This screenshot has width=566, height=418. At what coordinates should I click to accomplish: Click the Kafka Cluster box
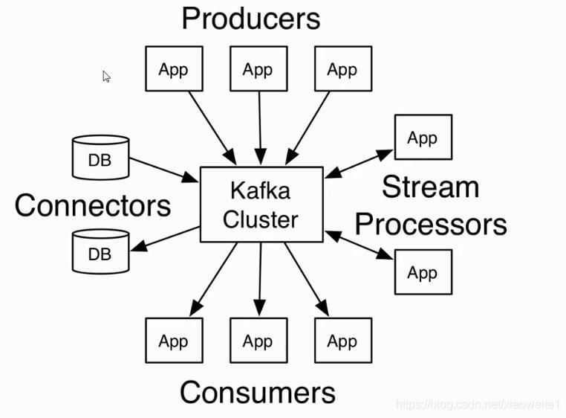pyautogui.click(x=261, y=204)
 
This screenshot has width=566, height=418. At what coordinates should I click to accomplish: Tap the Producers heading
pyautogui.click(x=250, y=19)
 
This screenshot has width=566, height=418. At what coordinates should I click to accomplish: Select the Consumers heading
pyautogui.click(x=257, y=392)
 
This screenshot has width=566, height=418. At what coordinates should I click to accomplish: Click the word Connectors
pyautogui.click(x=93, y=205)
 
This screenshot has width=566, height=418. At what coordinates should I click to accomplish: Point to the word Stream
pyautogui.click(x=430, y=187)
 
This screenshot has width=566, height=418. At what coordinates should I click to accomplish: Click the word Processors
pyautogui.click(x=436, y=223)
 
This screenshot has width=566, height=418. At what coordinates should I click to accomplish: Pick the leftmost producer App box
pyautogui.click(x=173, y=69)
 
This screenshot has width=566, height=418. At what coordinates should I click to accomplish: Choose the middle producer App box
pyautogui.click(x=258, y=69)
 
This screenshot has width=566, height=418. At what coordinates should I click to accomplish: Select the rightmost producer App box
pyautogui.click(x=342, y=69)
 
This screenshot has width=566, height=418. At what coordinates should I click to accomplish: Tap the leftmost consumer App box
pyautogui.click(x=173, y=341)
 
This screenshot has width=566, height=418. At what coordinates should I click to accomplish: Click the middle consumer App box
pyautogui.click(x=258, y=341)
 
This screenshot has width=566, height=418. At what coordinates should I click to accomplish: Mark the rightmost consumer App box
pyautogui.click(x=342, y=341)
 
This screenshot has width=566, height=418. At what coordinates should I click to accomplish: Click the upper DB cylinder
pyautogui.click(x=100, y=158)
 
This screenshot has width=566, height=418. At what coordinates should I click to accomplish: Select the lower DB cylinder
pyautogui.click(x=100, y=251)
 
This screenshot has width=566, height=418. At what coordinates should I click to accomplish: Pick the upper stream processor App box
pyautogui.click(x=423, y=138)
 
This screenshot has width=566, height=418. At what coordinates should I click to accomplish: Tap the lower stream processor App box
pyautogui.click(x=423, y=272)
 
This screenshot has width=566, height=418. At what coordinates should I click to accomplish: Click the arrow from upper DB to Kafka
pyautogui.click(x=164, y=169)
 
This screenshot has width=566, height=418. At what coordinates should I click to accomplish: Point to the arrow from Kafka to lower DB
pyautogui.click(x=165, y=238)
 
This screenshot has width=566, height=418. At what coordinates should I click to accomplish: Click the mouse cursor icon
pyautogui.click(x=106, y=76)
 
